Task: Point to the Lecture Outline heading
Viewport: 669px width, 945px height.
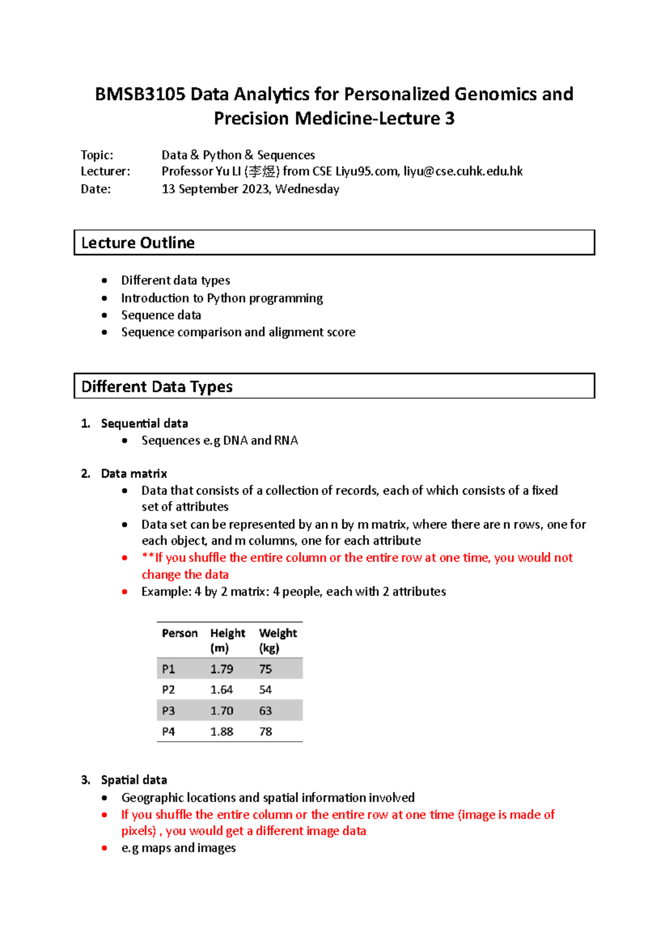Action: coord(138,243)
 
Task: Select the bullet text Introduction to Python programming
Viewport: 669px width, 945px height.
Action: coord(222,299)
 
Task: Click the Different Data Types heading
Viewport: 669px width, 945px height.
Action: coord(157,387)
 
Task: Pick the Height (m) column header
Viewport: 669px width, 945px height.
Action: coord(227,640)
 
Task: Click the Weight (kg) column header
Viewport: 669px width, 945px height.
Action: coord(278,640)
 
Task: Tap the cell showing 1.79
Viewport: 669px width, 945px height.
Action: coord(221,669)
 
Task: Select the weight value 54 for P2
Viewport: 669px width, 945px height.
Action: coord(265,690)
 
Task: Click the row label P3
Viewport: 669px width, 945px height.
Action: coord(168,711)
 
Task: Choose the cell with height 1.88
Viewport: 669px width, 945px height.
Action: coord(221,732)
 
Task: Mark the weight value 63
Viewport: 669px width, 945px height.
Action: coord(265,711)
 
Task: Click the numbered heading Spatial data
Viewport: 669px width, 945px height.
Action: coord(134,780)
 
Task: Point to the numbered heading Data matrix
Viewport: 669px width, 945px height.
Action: coord(134,474)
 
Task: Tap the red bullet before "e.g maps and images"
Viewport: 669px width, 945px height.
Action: coord(104,849)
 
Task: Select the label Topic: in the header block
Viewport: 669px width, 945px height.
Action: coord(97,155)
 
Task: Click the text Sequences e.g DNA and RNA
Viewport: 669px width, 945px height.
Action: coord(220,441)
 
